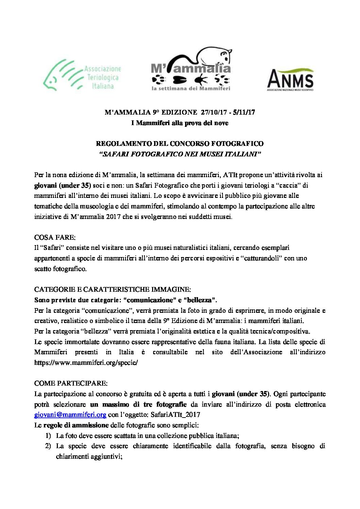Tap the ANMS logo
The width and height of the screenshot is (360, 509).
pyautogui.click(x=290, y=79)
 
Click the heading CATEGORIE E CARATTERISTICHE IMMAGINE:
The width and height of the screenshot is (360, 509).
pyautogui.click(x=113, y=289)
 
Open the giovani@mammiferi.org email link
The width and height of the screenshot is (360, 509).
pyautogui.click(x=70, y=414)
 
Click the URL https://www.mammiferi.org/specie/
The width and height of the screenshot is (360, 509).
pyautogui.click(x=86, y=362)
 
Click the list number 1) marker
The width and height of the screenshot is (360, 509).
pyautogui.click(x=48, y=436)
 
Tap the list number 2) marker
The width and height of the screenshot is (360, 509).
pyautogui.click(x=48, y=446)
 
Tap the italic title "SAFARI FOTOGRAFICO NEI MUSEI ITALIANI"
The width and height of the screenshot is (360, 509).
pyautogui.click(x=180, y=154)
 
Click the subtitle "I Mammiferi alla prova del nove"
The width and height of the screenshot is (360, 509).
pyautogui.click(x=180, y=123)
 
